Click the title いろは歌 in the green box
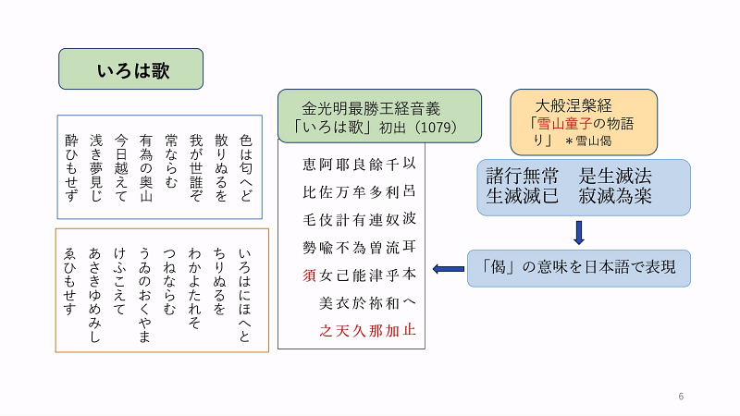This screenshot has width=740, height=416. [x=130, y=69]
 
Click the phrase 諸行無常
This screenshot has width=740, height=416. [x=523, y=176]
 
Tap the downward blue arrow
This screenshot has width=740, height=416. [x=579, y=232]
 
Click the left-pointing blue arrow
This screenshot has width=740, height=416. [x=449, y=269]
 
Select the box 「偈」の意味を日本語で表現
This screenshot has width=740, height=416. [x=579, y=268]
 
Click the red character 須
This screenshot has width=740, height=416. [x=310, y=275]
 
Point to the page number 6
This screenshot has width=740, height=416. [x=681, y=397]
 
